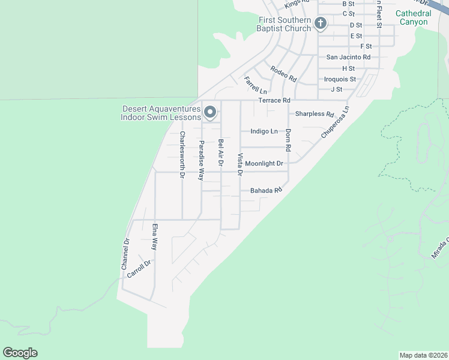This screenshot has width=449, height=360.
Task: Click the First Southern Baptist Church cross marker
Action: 321,23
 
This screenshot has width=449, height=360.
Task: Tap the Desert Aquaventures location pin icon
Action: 210,112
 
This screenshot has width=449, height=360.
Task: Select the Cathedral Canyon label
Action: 413,17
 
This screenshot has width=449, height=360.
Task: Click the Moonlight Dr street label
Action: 264,163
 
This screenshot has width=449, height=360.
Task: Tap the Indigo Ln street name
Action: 264,131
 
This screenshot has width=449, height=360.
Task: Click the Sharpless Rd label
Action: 314,114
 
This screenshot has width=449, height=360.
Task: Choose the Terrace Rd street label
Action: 274,100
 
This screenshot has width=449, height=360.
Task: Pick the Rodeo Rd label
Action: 284,74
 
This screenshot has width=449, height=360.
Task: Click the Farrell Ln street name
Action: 255,85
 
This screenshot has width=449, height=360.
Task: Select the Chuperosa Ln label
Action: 335,122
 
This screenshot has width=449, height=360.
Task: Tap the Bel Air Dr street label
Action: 221,152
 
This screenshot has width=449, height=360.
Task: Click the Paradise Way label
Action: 202,160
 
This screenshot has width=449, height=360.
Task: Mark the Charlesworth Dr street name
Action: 182,155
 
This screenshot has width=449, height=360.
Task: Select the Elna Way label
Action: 154,236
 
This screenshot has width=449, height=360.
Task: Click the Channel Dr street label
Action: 125,254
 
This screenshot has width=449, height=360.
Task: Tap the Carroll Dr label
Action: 138,268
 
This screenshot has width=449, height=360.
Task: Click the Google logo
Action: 20,353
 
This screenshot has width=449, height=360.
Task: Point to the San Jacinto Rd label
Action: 348,57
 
